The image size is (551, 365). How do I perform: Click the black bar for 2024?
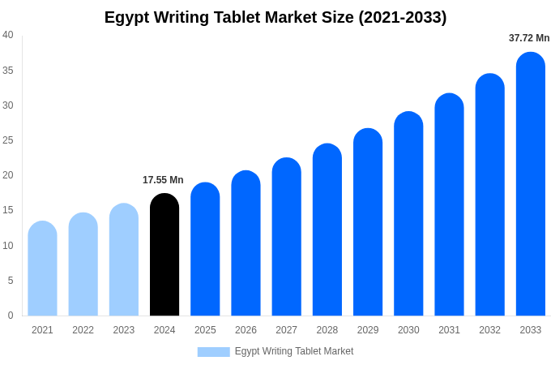click(x=164, y=255)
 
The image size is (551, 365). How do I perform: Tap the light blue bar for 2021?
click(x=42, y=268)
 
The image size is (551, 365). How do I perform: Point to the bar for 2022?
click(x=83, y=264)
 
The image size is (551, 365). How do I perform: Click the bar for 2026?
click(x=246, y=243)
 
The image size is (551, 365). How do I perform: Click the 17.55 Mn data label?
click(x=163, y=180)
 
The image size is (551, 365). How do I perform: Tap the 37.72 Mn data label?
click(x=529, y=38)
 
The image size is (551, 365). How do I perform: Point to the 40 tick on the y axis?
click(x=8, y=35)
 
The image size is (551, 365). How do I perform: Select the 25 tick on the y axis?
click(x=8, y=140)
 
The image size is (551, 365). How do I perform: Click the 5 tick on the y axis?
click(x=11, y=281)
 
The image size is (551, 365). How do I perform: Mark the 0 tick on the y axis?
click(x=11, y=316)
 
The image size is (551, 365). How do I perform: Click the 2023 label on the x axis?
click(x=124, y=330)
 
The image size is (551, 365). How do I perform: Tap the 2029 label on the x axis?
click(x=368, y=330)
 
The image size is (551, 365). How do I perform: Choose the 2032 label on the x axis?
click(x=489, y=330)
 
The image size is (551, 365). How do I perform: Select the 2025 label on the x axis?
click(x=205, y=330)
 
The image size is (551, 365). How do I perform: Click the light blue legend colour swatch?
click(x=213, y=352)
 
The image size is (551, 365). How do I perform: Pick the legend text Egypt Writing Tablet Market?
click(x=294, y=351)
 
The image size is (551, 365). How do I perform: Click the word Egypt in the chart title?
click(x=129, y=17)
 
